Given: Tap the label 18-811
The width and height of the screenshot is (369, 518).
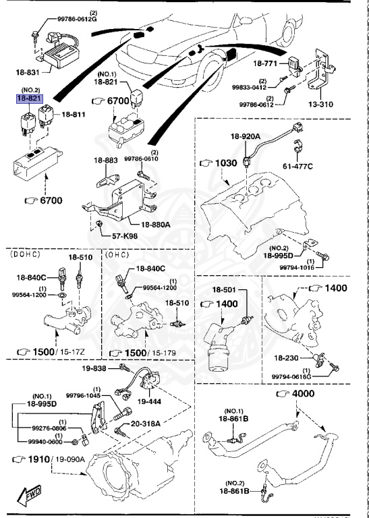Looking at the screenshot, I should click(75, 115).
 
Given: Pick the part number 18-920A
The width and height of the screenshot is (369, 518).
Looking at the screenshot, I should click(246, 136).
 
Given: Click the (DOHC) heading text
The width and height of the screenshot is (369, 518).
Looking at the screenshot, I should click(24, 256).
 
